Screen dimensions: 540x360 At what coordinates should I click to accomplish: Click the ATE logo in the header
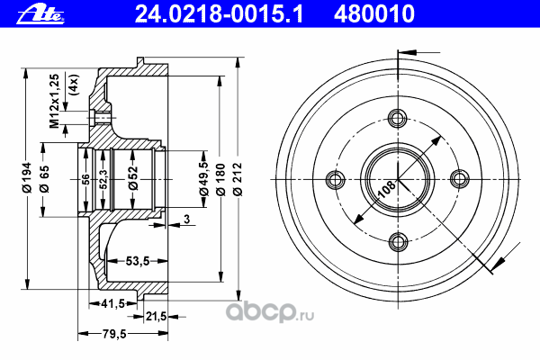[40, 15]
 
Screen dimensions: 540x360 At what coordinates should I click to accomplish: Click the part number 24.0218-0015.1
[219, 14]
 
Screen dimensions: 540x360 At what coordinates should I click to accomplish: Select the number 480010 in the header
[374, 14]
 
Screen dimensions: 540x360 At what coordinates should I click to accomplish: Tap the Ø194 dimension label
[26, 177]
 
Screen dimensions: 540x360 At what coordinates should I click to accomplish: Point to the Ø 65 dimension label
[44, 179]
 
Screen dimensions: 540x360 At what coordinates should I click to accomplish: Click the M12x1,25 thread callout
[54, 101]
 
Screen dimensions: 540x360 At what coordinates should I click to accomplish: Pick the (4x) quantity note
[74, 85]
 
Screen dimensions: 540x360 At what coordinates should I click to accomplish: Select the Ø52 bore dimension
[133, 178]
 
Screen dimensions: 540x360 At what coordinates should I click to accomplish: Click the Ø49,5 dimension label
[204, 178]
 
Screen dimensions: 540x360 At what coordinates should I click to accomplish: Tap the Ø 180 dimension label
[220, 179]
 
